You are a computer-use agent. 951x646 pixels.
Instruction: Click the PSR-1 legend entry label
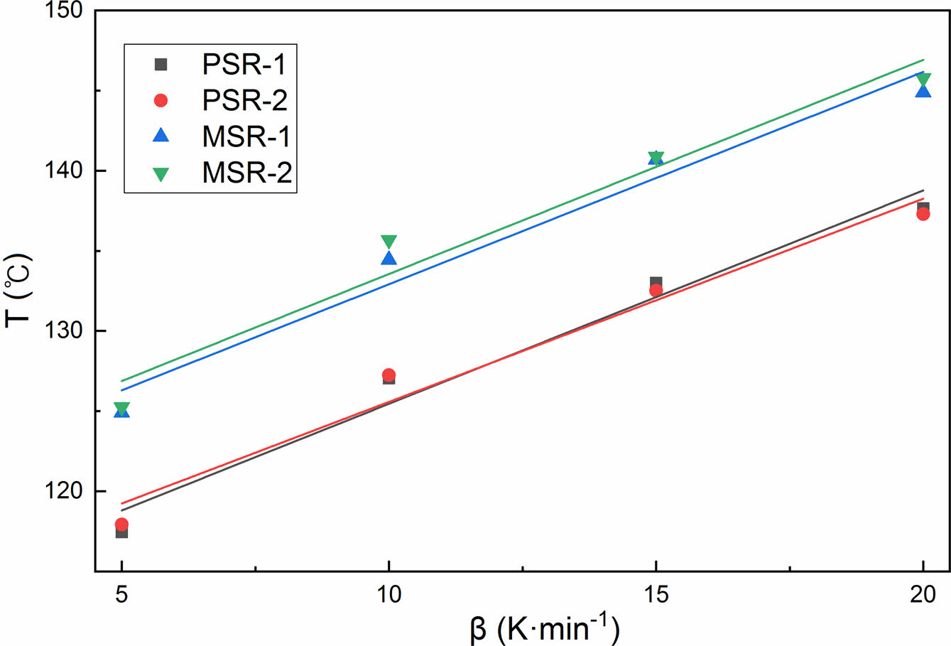[244, 65]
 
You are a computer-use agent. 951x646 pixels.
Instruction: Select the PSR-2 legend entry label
[244, 100]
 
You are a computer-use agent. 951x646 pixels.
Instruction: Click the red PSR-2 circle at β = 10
[388, 375]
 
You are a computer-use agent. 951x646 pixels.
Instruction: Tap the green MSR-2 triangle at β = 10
[388, 242]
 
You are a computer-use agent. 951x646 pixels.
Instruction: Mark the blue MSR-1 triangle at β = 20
[923, 90]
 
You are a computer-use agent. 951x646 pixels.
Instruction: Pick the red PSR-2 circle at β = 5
[121, 524]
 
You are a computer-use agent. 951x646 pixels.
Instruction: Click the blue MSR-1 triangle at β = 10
[388, 258]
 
